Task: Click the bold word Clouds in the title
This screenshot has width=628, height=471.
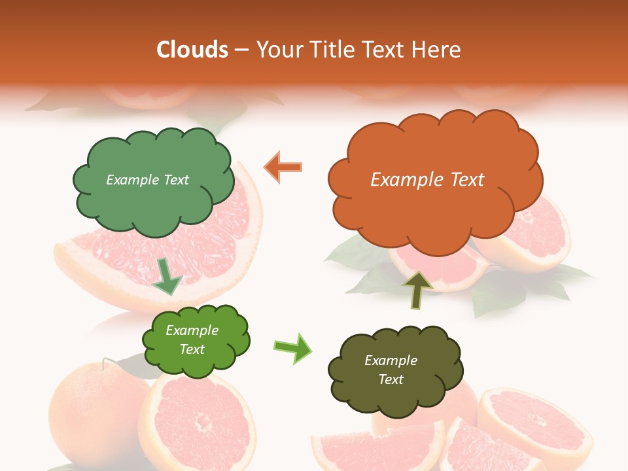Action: [x=192, y=50]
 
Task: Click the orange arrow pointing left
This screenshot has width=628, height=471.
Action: [x=284, y=167]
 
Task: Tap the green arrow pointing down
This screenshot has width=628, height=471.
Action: [x=167, y=275]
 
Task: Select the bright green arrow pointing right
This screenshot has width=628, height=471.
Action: [x=293, y=348]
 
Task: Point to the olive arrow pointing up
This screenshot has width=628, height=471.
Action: [x=417, y=289]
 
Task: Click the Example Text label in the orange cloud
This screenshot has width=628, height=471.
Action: [x=427, y=180]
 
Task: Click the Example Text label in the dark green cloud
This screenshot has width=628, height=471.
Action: [x=147, y=180]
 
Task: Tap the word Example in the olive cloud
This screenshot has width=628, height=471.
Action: [x=391, y=360]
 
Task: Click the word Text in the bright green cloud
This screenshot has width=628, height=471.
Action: [x=192, y=349]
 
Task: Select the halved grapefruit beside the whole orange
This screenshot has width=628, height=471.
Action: [x=196, y=419]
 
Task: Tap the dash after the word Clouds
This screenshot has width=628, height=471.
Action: [x=241, y=50]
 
